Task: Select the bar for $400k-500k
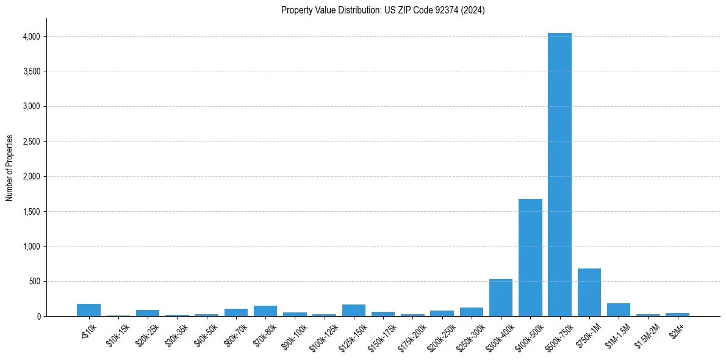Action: coord(530,257)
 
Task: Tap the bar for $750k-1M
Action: coord(589,292)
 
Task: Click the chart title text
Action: coord(383,10)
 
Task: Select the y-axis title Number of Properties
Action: coord(10,168)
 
